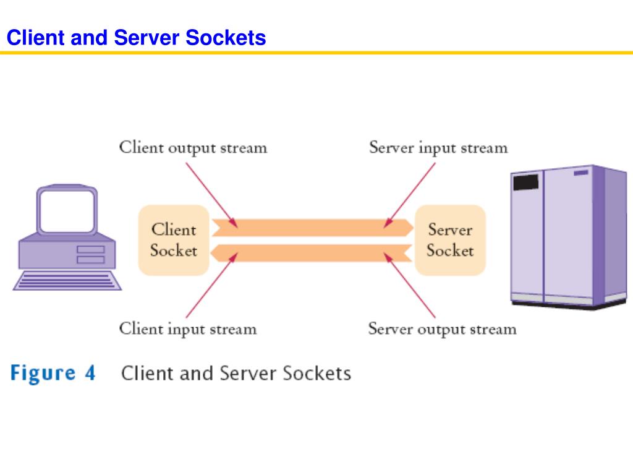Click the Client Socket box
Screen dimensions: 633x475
pyautogui.click(x=174, y=241)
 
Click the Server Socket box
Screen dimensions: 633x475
pyautogui.click(x=450, y=241)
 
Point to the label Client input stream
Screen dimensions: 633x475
pyautogui.click(x=188, y=329)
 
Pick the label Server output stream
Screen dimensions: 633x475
pyautogui.click(x=442, y=329)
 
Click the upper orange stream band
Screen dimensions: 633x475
pyautogui.click(x=313, y=228)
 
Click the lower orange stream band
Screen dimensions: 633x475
pyautogui.click(x=312, y=253)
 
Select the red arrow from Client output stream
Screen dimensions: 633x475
pyautogui.click(x=211, y=195)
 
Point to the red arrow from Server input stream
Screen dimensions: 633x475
pyautogui.click(x=409, y=195)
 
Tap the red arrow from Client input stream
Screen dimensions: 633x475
pyautogui.click(x=212, y=285)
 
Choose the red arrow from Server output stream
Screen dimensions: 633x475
pyautogui.click(x=409, y=285)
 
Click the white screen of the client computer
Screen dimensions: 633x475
pyautogui.click(x=67, y=211)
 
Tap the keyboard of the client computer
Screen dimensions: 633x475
pyautogui.click(x=67, y=280)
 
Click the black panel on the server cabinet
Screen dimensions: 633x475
pyautogui.click(x=525, y=182)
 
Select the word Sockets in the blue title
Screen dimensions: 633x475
pyautogui.click(x=226, y=38)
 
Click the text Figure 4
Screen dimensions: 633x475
pyautogui.click(x=53, y=373)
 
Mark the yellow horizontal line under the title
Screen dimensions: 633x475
pyautogui.click(x=316, y=53)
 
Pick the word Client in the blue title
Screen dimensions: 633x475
pyautogui.click(x=36, y=38)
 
